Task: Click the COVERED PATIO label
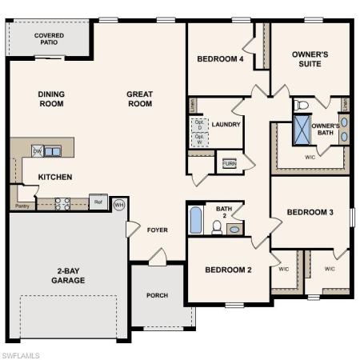click(49, 40)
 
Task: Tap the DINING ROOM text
click(51, 98)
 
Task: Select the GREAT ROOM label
click(139, 98)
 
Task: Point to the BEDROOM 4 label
click(220, 59)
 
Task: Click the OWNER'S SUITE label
click(310, 58)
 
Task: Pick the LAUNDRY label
click(226, 124)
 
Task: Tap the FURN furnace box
click(230, 163)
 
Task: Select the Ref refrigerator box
click(98, 202)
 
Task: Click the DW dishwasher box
click(38, 150)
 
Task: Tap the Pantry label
click(22, 206)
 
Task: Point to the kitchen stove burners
click(62, 203)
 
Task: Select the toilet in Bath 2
click(217, 226)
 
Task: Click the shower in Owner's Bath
click(302, 130)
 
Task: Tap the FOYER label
click(158, 230)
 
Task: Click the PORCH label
click(158, 295)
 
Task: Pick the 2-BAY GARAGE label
click(68, 275)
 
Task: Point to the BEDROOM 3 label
click(310, 212)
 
